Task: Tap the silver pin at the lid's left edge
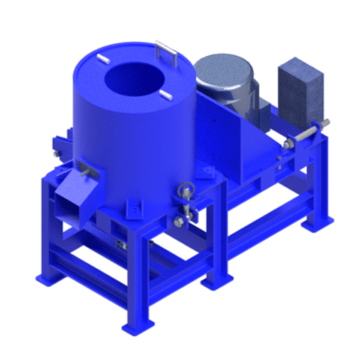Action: coord(100,59)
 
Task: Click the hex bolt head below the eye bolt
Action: coord(178,223)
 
